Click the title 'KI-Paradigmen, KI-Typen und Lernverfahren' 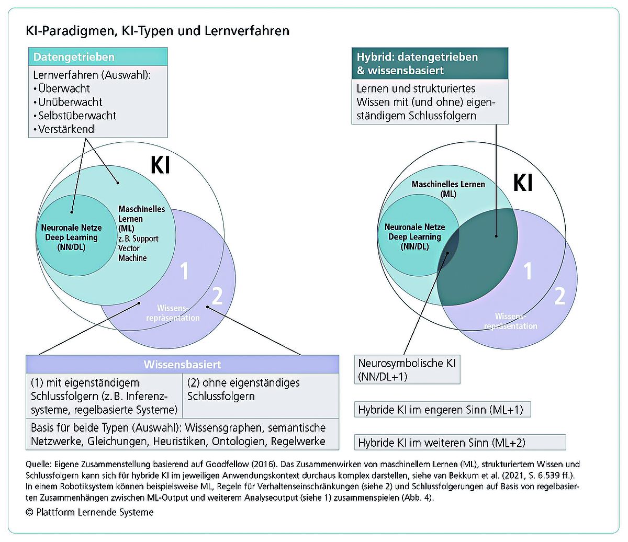pos(158,31)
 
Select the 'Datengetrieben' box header pos(98,57)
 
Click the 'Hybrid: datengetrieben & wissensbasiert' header pos(430,63)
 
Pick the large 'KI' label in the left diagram pos(160,165)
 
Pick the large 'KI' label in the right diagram pos(523,183)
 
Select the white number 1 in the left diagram pos(184,271)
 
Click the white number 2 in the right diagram pos(559,296)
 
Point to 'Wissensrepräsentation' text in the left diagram pos(173,313)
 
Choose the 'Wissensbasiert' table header pos(182,364)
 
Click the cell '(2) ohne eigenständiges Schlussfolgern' pos(261,396)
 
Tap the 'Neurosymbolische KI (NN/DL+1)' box pos(407,370)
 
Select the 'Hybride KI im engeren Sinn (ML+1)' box pos(442,410)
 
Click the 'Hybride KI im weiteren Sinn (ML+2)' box pos(460,443)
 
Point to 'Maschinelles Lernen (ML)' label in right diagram pos(448,189)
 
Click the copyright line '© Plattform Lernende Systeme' pos(89,512)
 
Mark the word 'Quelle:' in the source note pos(38,464)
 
